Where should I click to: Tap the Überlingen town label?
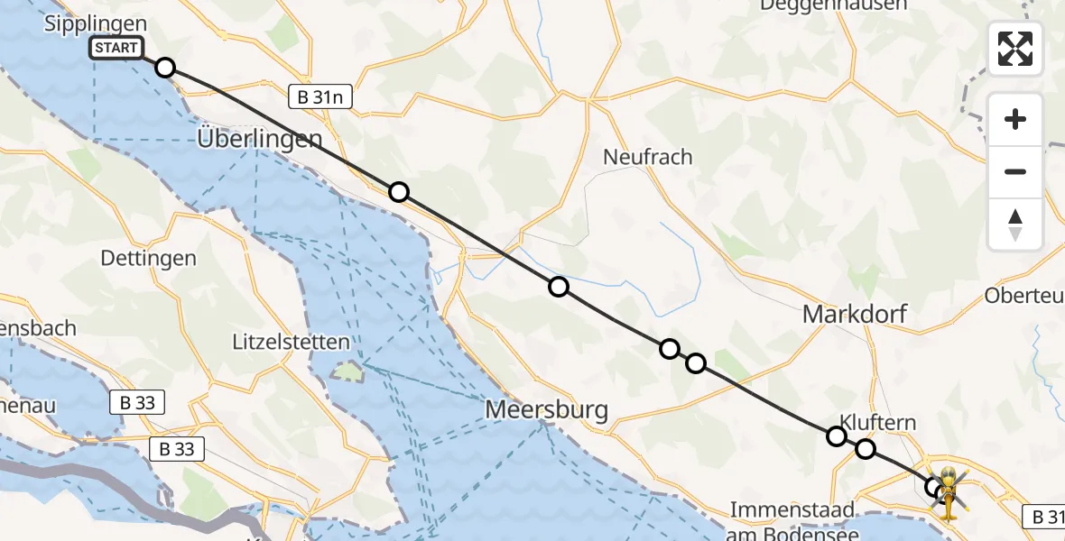(x=260, y=139)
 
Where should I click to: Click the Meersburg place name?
(x=546, y=409)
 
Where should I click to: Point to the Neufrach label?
(x=648, y=157)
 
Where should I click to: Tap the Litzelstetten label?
(x=291, y=343)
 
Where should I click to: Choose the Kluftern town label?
(x=878, y=422)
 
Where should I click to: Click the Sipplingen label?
(x=95, y=24)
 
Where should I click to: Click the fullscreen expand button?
(x=1015, y=49)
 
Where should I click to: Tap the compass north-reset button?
(x=1015, y=224)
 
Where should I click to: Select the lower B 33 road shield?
(x=178, y=447)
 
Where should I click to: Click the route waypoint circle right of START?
(x=165, y=68)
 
